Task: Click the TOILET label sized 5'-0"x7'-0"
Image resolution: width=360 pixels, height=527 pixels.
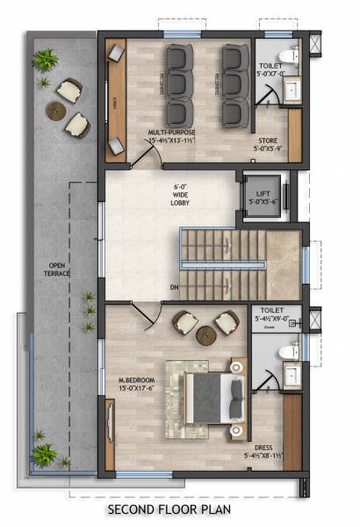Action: (x=271, y=71)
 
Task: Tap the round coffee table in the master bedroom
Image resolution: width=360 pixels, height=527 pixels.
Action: (x=205, y=334)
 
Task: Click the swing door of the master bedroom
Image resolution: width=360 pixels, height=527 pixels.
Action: (x=149, y=315)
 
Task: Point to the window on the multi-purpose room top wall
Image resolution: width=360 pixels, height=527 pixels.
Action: (x=176, y=34)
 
